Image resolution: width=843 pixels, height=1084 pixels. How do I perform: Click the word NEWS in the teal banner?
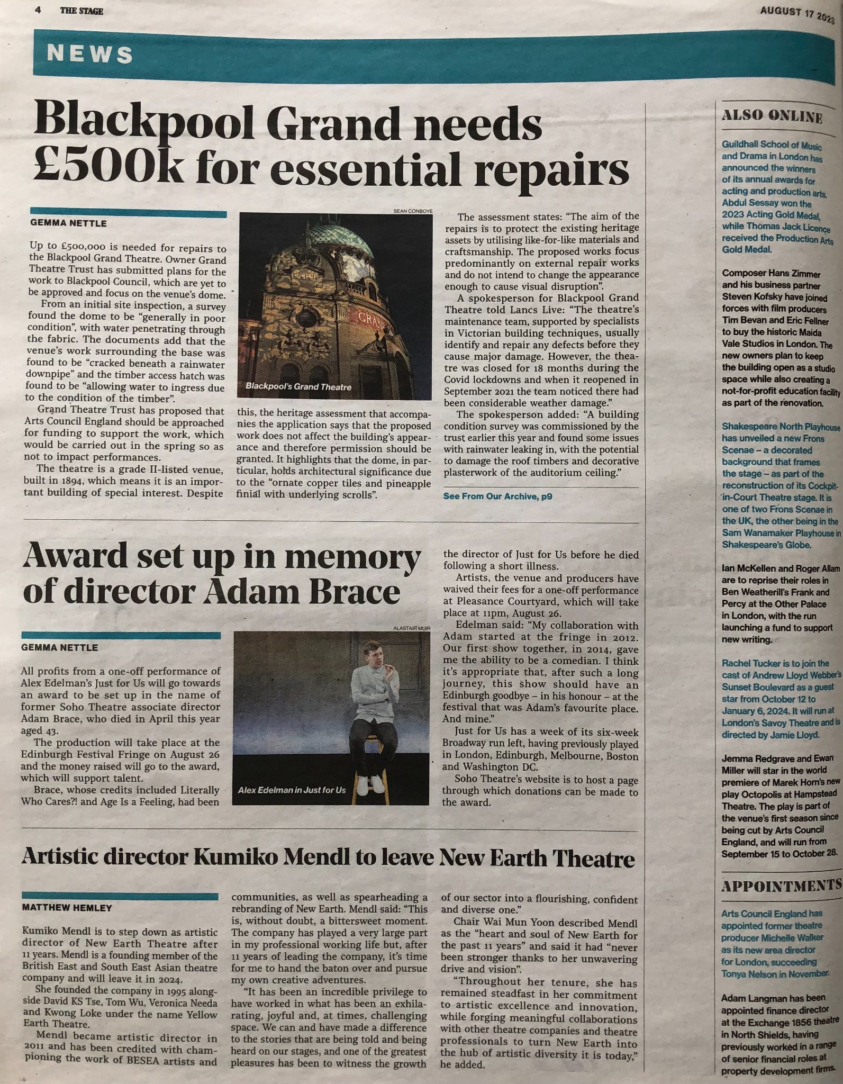point(90,55)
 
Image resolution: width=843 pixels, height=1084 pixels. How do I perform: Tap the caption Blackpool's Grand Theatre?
point(298,387)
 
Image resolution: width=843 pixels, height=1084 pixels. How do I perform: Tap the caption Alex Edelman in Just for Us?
point(292,790)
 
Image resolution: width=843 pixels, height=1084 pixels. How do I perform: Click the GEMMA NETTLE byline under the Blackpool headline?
point(65,223)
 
